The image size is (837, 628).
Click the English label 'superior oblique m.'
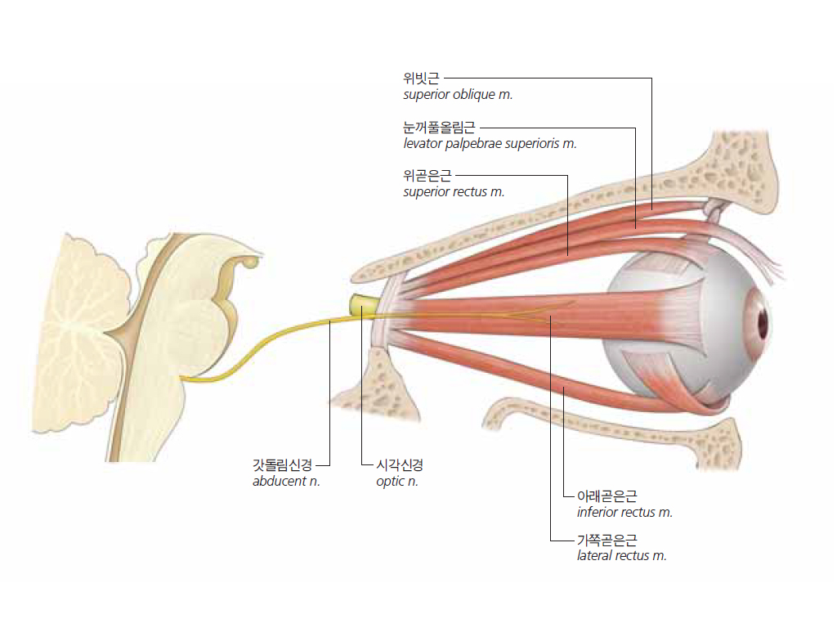(x=458, y=95)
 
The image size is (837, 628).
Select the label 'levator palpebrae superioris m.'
(x=490, y=144)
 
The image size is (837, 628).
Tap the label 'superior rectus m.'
(x=454, y=191)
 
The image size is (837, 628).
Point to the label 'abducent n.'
(x=286, y=481)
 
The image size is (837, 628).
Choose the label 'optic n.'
(x=396, y=481)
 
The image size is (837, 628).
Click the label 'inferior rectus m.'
(x=624, y=512)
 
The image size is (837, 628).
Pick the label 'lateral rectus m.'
(x=621, y=555)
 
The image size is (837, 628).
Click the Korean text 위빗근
(x=421, y=78)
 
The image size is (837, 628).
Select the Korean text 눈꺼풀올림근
(x=439, y=127)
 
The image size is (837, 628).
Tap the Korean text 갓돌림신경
(x=282, y=464)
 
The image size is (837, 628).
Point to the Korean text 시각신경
(x=399, y=464)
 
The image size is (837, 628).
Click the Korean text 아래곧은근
(x=607, y=496)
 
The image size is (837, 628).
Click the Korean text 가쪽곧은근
(x=607, y=540)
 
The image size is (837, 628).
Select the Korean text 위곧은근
(x=427, y=175)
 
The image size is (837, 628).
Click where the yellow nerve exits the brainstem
(x=182, y=379)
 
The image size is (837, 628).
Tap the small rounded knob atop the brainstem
(x=252, y=262)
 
